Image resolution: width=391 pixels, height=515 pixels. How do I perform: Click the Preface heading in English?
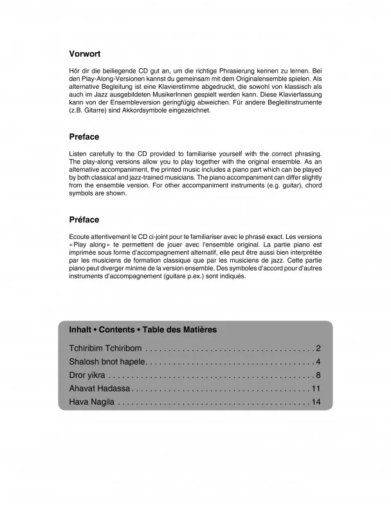84,137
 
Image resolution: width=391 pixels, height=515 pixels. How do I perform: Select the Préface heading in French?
84,220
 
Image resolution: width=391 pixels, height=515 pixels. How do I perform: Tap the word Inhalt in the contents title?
82,330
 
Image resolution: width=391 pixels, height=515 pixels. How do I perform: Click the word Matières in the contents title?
198,330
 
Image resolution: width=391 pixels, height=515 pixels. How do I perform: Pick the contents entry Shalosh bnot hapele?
108,362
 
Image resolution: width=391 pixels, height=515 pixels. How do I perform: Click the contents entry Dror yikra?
87,375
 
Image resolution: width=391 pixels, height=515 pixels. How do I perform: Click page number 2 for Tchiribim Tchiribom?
318,348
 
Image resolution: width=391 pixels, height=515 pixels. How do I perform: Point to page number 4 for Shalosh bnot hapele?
318,362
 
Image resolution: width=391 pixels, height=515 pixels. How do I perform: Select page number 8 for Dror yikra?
318,375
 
